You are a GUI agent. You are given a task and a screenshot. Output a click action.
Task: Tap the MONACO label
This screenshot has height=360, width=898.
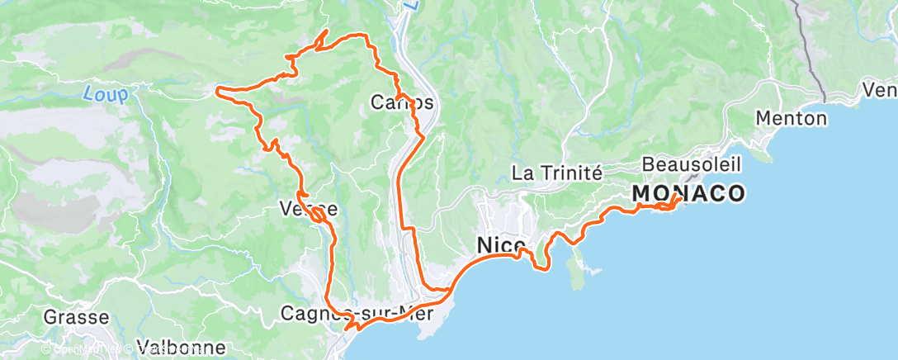(x=688, y=194)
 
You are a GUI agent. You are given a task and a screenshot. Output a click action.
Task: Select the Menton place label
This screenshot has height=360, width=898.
(x=792, y=118)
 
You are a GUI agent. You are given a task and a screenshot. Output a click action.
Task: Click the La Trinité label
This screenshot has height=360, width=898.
(x=558, y=173)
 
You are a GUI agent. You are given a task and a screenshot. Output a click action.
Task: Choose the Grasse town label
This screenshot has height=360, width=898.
(x=77, y=317)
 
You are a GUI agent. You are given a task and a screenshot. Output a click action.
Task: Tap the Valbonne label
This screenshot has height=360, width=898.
(x=181, y=347)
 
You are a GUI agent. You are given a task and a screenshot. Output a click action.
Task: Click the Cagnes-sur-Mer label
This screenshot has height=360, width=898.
(x=357, y=313)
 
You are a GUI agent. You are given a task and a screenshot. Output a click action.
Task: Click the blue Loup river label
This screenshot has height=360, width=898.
(x=106, y=95)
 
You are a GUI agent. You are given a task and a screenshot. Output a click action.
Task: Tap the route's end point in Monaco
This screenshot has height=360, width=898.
(x=678, y=197)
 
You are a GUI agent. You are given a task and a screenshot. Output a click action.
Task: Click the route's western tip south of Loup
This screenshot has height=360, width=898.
(x=218, y=89)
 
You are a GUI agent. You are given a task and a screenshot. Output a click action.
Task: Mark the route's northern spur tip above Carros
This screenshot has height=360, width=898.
(x=327, y=31)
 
